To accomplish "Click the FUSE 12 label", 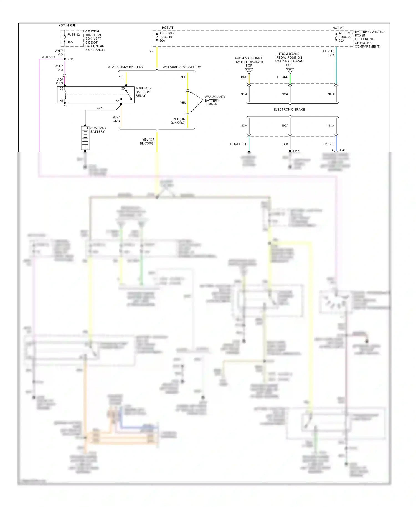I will (73, 35).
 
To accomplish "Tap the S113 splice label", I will (72, 59).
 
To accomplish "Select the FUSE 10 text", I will (166, 37).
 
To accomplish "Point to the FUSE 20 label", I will (345, 37).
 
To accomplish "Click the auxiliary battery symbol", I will (85, 138).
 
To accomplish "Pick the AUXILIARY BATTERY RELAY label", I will (143, 92).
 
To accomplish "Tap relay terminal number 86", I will (61, 88).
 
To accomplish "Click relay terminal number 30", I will (123, 88).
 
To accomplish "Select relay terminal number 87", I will (118, 101).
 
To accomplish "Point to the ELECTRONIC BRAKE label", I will (289, 110).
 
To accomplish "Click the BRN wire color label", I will (244, 77).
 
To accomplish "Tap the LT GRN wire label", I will (283, 77).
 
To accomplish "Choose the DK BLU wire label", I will (329, 144).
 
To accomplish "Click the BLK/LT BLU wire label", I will (239, 144).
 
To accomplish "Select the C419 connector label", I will (343, 150).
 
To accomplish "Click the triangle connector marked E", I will (249, 71).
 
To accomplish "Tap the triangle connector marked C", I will (290, 71).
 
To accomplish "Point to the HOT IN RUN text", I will (67, 26).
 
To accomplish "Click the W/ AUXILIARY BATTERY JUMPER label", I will (215, 100).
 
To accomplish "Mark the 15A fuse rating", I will (70, 42).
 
